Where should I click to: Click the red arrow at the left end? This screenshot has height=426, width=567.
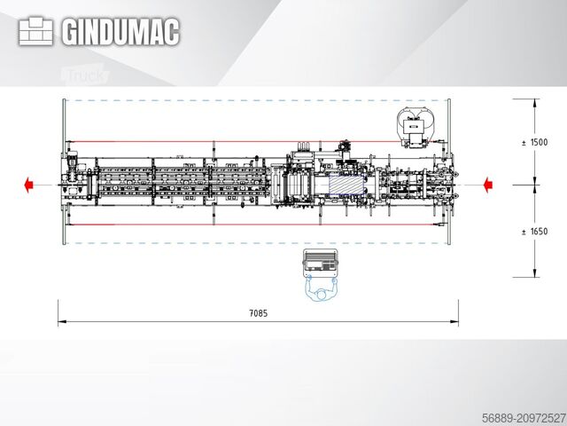tap(30, 185)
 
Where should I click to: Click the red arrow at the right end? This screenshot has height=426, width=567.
tap(486, 185)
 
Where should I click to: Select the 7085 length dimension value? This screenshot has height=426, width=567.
tap(259, 312)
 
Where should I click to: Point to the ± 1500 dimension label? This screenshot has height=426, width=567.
tap(534, 143)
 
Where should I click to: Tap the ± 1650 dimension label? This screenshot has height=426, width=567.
tap(534, 232)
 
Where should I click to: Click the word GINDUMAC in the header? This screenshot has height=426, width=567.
tap(120, 32)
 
